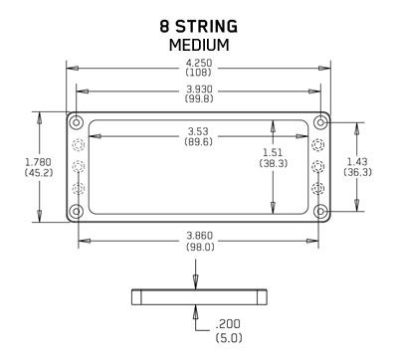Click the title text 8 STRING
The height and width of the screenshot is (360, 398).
(198, 27)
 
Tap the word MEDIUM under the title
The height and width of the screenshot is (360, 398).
(199, 45)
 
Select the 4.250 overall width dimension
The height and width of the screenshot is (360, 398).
(199, 63)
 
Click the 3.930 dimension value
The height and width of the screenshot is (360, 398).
(199, 90)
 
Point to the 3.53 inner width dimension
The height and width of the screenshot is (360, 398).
(198, 131)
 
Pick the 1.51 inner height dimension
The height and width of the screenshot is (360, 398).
(273, 152)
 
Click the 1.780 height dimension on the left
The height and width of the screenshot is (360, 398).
(39, 162)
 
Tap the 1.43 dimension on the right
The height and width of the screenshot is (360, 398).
(357, 161)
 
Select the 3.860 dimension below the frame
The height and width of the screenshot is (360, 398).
(200, 236)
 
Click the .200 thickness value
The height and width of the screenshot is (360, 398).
(228, 324)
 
